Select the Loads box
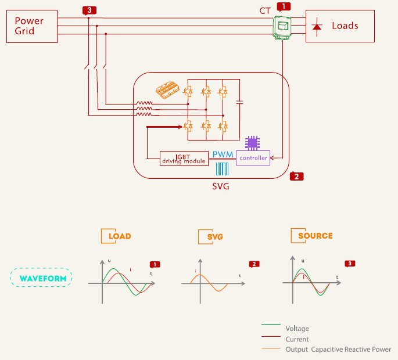click(x=340, y=26)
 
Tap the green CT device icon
click(x=282, y=27)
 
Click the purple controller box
click(x=253, y=158)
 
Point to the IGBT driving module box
click(x=184, y=158)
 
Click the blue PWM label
click(x=223, y=155)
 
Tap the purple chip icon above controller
click(x=252, y=142)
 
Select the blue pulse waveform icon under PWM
click(x=222, y=168)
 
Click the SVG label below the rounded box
click(x=221, y=186)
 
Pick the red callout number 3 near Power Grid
click(x=88, y=10)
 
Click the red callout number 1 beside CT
click(x=283, y=6)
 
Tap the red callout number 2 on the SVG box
click(x=296, y=176)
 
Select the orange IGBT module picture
click(x=168, y=90)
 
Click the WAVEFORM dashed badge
click(x=41, y=278)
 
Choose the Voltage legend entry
click(x=297, y=328)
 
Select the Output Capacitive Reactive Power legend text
click(x=338, y=349)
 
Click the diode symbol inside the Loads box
click(x=317, y=26)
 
